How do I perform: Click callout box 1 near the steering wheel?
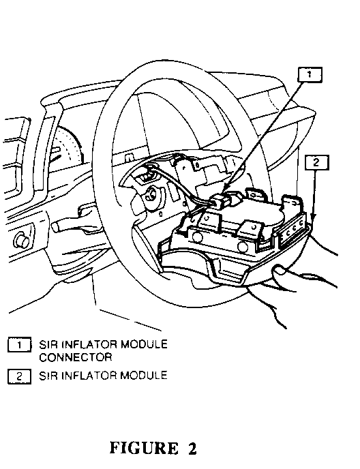pyautogui.click(x=310, y=74)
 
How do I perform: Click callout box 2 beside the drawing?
pyautogui.click(x=316, y=163)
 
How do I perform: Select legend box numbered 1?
pyautogui.click(x=19, y=345)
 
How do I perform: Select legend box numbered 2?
pyautogui.click(x=19, y=376)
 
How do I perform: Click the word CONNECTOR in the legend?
pyautogui.click(x=76, y=357)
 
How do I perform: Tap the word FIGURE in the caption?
pyautogui.click(x=144, y=448)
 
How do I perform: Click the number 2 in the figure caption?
pyautogui.click(x=192, y=448)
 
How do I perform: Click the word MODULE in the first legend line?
pyautogui.click(x=144, y=344)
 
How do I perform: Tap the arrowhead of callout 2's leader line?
pyautogui.click(x=314, y=217)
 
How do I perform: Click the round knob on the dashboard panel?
pyautogui.click(x=22, y=239)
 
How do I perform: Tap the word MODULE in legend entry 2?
pyautogui.click(x=144, y=376)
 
